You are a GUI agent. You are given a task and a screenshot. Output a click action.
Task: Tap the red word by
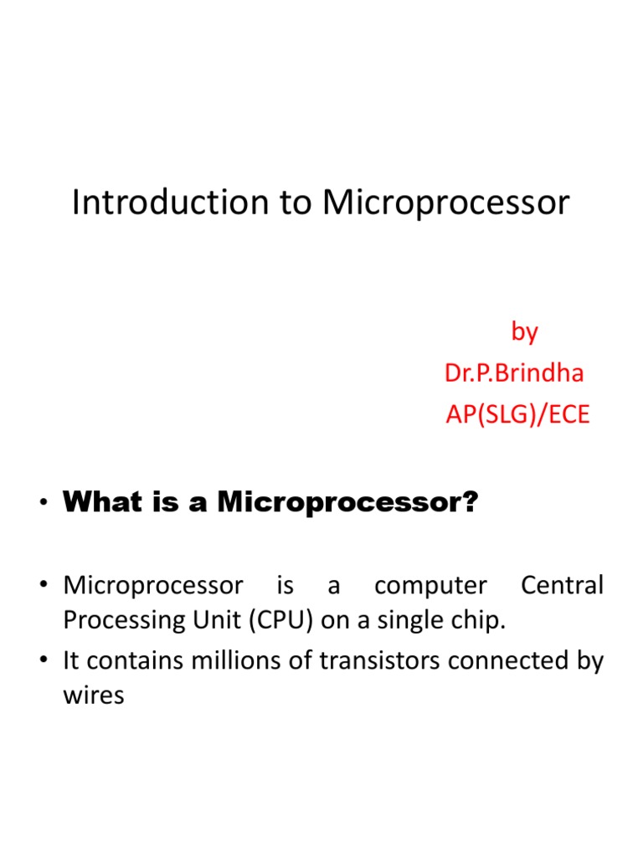coord(524,332)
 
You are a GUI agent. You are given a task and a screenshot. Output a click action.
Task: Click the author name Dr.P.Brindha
coord(514,372)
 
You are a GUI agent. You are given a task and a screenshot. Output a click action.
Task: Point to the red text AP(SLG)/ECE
coord(517,414)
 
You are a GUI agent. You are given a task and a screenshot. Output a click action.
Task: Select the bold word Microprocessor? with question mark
coord(347,503)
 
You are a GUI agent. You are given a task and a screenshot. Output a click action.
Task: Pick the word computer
coord(430,586)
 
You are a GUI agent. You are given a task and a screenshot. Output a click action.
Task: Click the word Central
coord(561,586)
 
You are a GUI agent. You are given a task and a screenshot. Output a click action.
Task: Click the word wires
coord(94,695)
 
